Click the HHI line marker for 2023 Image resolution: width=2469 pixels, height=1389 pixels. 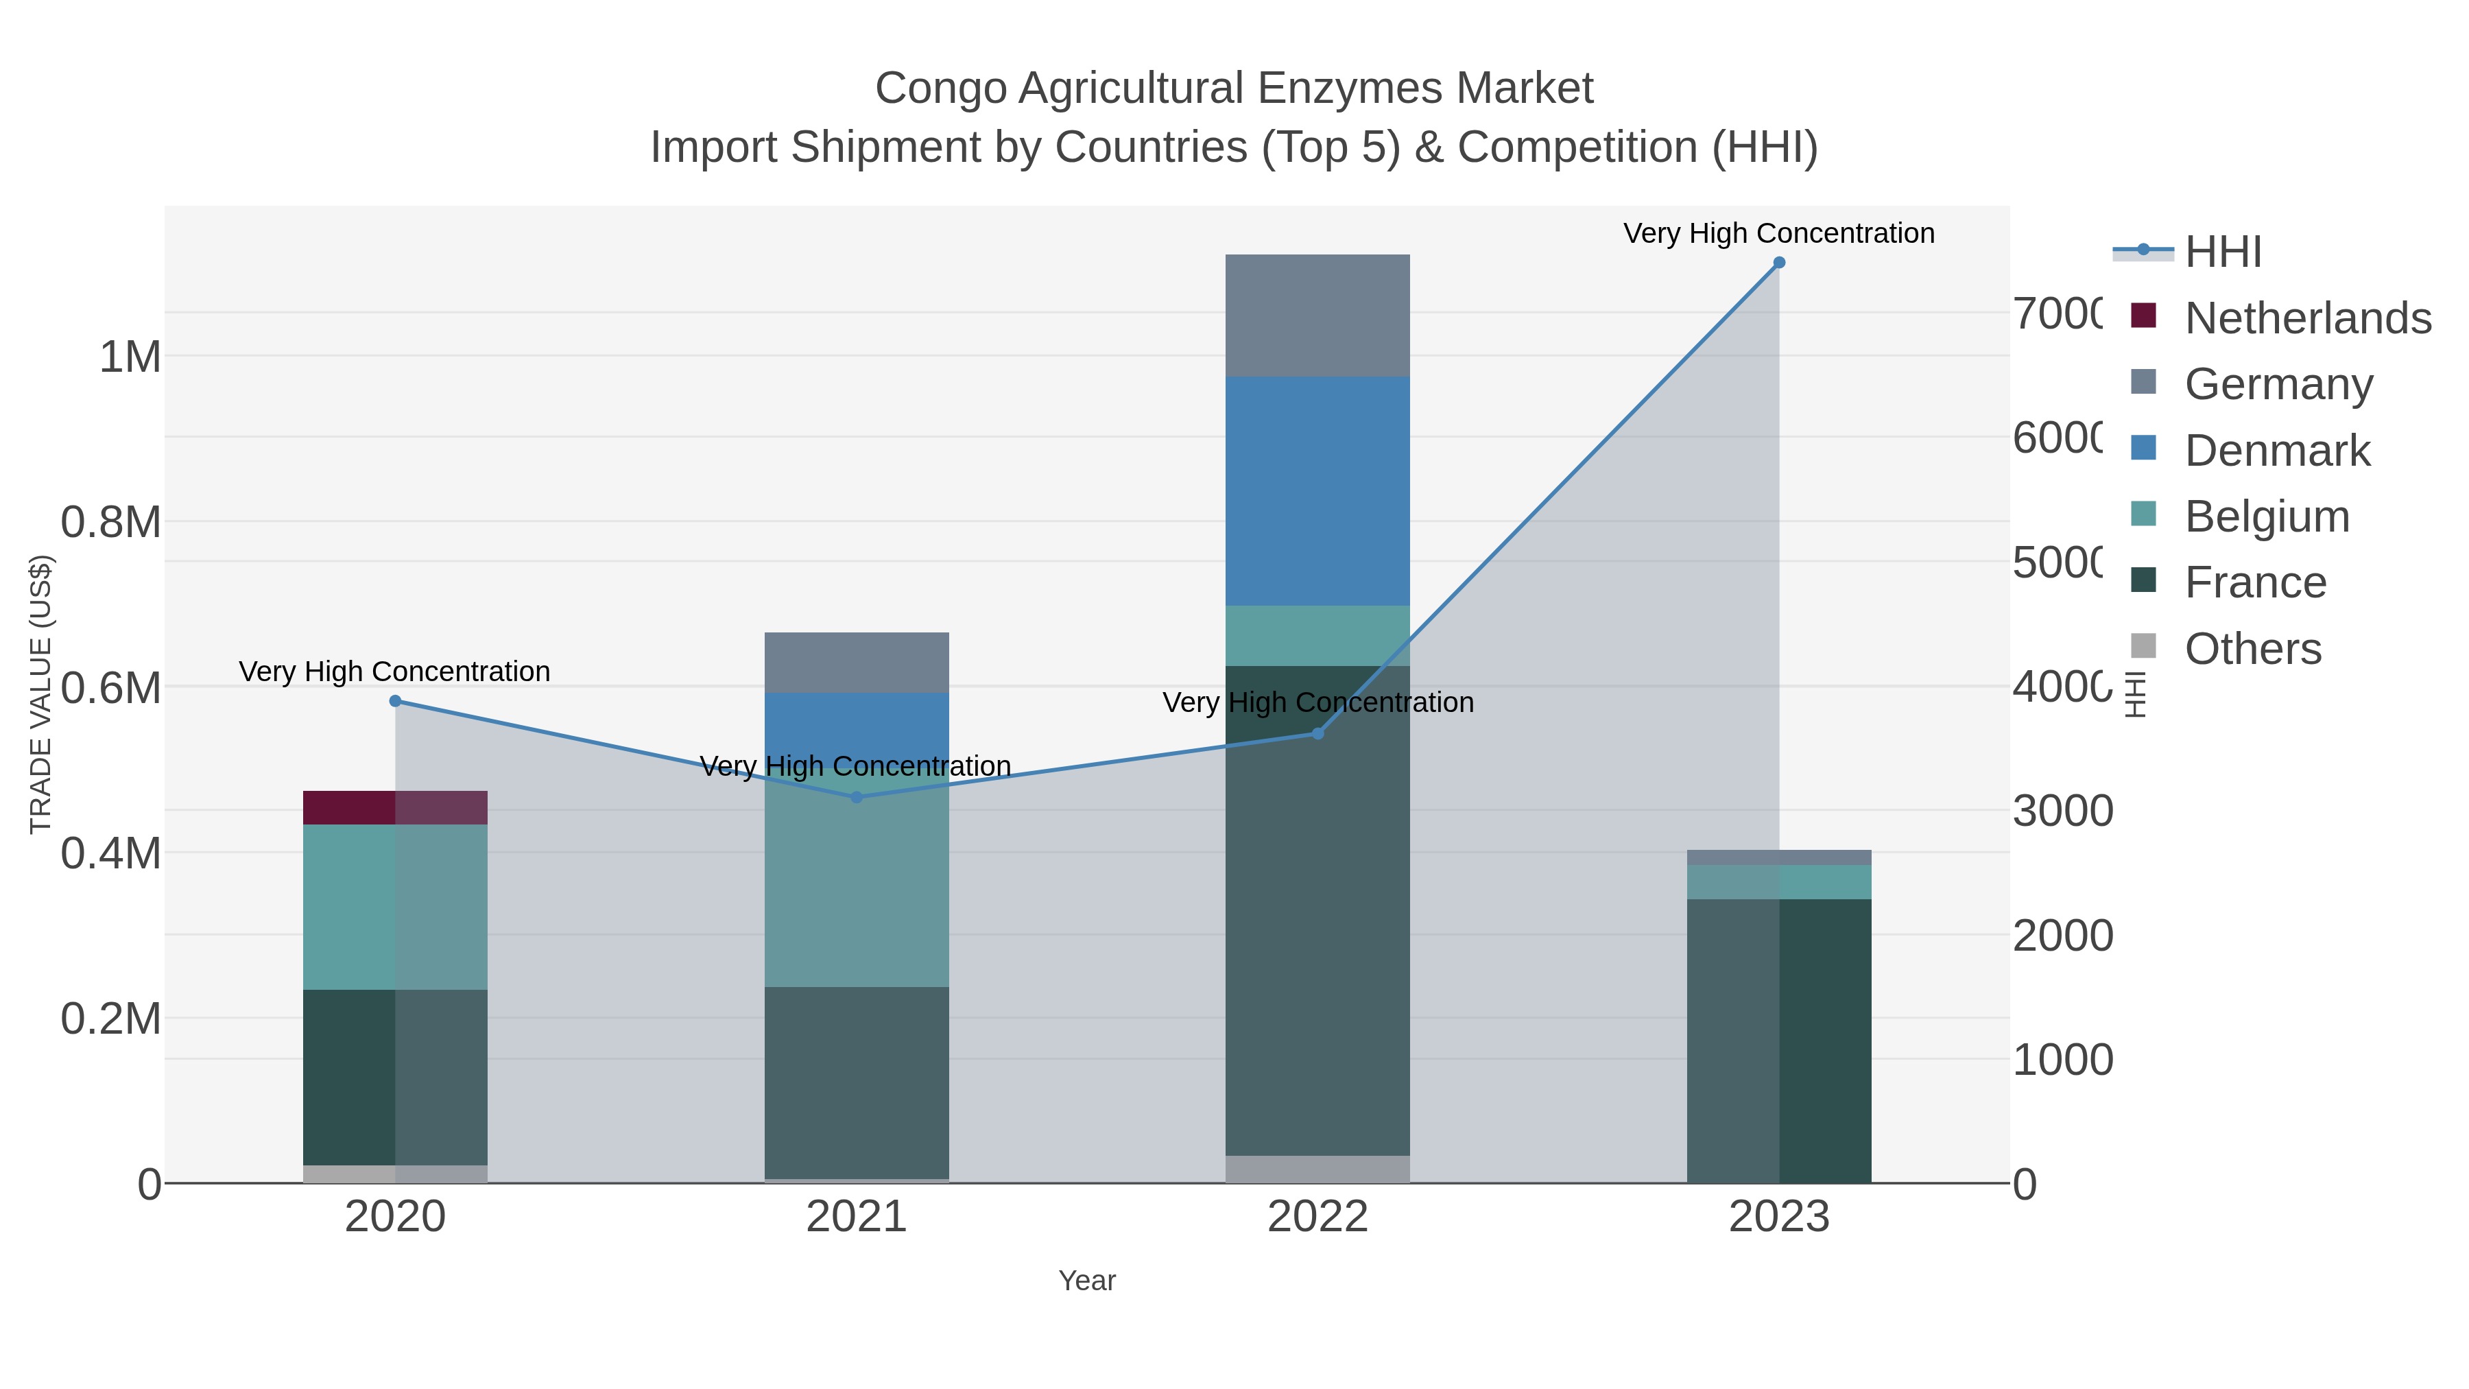pos(1779,263)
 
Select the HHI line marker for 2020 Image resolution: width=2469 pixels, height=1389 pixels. pos(395,701)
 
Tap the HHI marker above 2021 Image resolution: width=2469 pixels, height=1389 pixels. pos(857,796)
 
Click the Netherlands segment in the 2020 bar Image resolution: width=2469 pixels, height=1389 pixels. pos(395,807)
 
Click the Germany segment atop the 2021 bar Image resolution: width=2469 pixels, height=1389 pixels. pos(857,663)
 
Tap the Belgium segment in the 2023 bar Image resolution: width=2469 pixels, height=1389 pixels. pos(1779,882)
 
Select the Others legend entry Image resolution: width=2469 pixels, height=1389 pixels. pos(2252,649)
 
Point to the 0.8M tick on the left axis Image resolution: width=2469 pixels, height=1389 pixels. pos(110,523)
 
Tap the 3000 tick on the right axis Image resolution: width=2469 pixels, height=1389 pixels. pos(2062,811)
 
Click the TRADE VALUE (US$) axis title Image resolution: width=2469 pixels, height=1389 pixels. pos(40,694)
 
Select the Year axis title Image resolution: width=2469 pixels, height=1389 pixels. pos(1087,1281)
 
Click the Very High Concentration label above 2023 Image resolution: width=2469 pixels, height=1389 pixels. pos(1779,234)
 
